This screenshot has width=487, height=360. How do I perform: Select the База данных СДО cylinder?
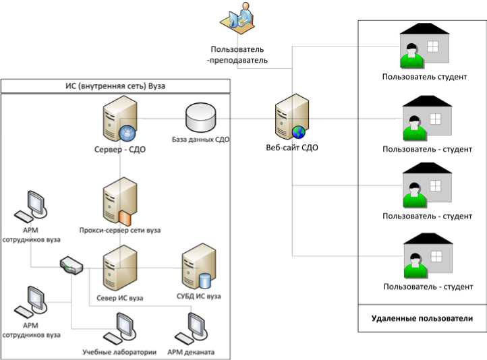click(200, 119)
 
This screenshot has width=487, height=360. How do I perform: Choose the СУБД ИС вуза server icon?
click(199, 267)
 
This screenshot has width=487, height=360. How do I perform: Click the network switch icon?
click(71, 265)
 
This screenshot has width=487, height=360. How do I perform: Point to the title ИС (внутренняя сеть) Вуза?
click(115, 86)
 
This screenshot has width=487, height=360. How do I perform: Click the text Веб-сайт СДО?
click(292, 148)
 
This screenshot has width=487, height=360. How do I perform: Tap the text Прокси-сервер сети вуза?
click(120, 230)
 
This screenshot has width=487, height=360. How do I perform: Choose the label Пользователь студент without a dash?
click(424, 77)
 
